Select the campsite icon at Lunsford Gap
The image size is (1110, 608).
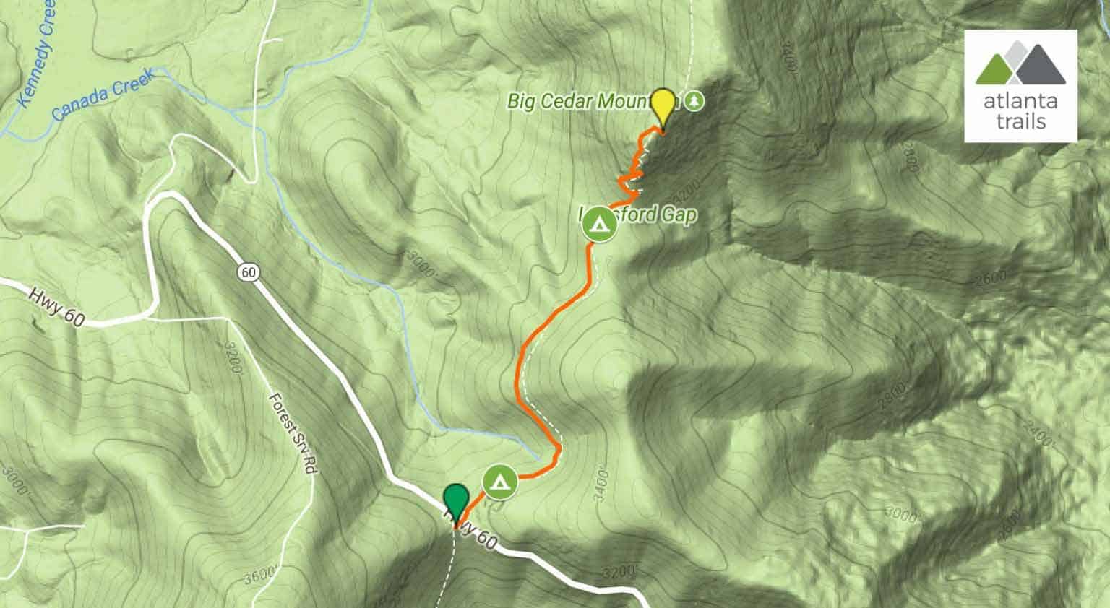(598, 224)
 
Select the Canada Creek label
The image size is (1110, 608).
(103, 94)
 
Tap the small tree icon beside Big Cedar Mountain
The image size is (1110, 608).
(694, 100)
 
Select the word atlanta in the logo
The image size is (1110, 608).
(1020, 101)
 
